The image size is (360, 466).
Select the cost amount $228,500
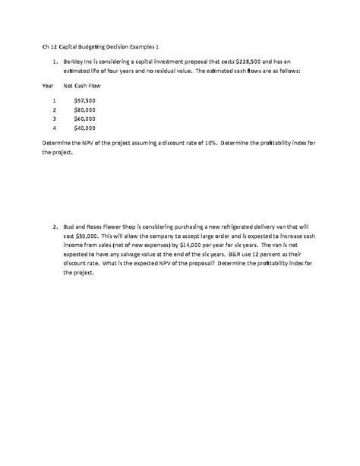(x=228, y=62)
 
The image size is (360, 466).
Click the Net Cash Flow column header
(x=81, y=86)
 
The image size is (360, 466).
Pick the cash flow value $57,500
(x=84, y=100)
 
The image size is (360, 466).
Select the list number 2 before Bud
(x=55, y=226)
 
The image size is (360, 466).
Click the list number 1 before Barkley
(x=55, y=62)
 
